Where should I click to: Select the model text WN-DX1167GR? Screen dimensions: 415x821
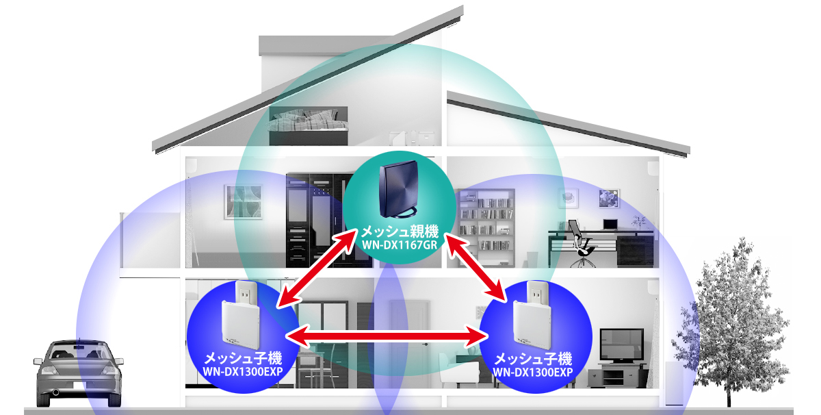click(x=399, y=245)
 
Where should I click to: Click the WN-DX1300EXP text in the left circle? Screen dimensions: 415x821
click(x=243, y=373)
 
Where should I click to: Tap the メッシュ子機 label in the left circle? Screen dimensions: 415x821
click(x=243, y=359)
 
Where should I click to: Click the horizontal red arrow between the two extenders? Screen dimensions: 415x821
click(x=387, y=335)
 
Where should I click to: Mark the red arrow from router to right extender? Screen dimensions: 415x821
click(x=478, y=268)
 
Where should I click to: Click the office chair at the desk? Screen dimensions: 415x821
click(x=582, y=240)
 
